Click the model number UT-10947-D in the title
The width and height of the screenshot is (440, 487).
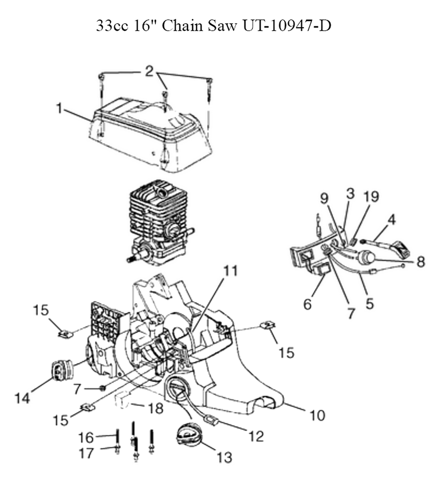point(286,26)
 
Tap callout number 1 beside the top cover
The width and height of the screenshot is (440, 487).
point(59,109)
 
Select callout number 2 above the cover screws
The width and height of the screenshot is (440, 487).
point(150,72)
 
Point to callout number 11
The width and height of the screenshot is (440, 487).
point(231,271)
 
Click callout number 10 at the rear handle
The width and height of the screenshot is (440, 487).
point(317,415)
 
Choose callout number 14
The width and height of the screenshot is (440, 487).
point(23,398)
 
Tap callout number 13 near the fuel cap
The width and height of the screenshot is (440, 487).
point(224,458)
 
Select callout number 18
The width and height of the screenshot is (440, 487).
point(156,408)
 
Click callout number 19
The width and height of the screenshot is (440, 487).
point(371,196)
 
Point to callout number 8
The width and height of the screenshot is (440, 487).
point(420,262)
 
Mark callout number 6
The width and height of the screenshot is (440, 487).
point(308,304)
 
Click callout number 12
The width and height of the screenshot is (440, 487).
point(257,436)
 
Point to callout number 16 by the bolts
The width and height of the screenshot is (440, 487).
point(85,438)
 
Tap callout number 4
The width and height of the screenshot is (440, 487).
point(392,220)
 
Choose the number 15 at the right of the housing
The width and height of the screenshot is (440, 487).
point(286,353)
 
